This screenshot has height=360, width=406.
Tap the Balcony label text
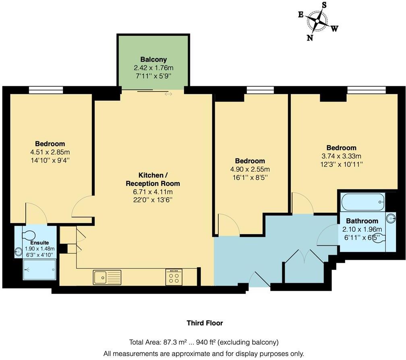click(153, 59)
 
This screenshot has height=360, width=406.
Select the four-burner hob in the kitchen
click(174, 277)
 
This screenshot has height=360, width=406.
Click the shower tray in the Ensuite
click(39, 269)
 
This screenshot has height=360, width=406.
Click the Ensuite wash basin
click(19, 252)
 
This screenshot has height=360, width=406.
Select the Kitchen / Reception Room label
click(153, 179)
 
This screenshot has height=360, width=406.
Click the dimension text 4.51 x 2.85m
click(50, 152)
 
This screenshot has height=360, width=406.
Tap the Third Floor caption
click(205, 323)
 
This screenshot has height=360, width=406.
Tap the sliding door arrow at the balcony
click(168, 94)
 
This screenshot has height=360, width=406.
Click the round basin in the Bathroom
click(390, 218)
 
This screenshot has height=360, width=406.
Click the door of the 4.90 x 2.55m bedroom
click(228, 226)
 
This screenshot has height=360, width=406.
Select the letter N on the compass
click(310, 37)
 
